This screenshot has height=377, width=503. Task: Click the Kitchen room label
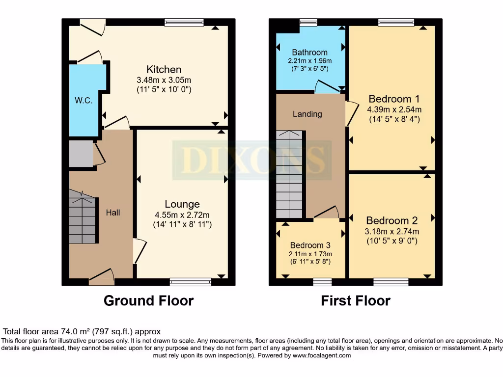tap(164, 69)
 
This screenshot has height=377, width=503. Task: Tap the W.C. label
tap(84, 101)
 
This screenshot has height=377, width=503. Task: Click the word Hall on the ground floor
tap(113, 213)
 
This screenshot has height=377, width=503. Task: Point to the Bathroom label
tap(309, 53)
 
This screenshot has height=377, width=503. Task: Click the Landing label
tap(307, 114)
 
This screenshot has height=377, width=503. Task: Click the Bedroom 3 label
tap(310, 245)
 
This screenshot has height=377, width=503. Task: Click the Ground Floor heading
tap(148, 300)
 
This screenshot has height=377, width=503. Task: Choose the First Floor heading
tap(356, 300)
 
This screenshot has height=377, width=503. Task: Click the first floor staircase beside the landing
tap(290, 174)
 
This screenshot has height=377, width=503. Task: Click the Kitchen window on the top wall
tap(184, 22)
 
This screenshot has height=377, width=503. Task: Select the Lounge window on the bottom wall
tap(191, 282)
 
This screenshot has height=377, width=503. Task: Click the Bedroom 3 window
tap(322, 282)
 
